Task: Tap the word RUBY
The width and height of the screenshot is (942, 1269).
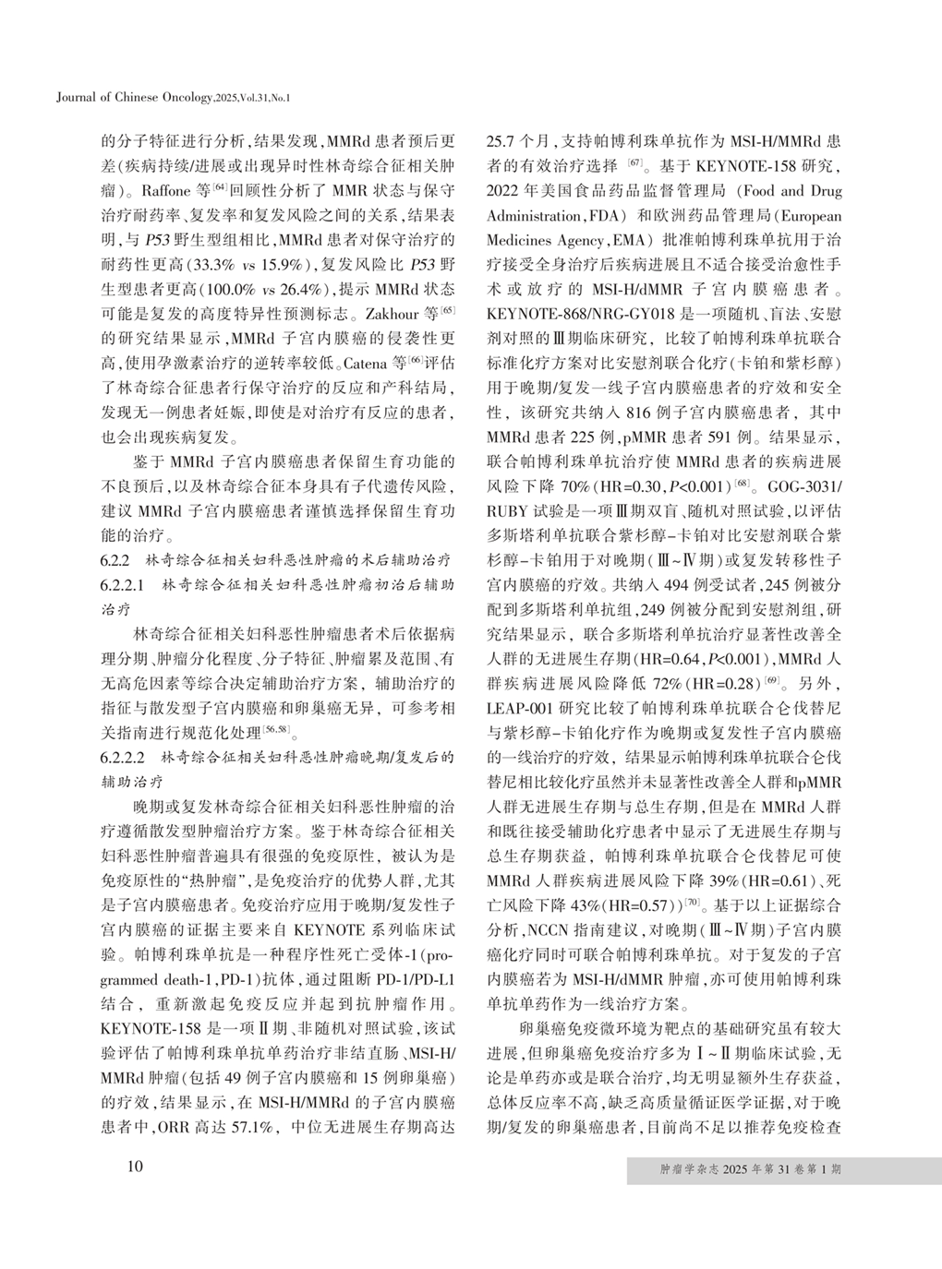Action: tap(505, 507)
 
